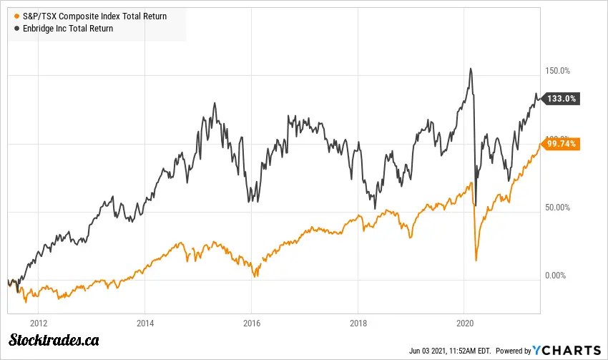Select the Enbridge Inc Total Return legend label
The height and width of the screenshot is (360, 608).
(x=68, y=29)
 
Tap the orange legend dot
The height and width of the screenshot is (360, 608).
(x=16, y=16)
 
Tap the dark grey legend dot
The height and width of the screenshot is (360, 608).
(x=16, y=29)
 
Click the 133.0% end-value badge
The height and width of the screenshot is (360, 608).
(x=562, y=99)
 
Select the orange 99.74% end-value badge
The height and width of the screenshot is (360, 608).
(x=562, y=144)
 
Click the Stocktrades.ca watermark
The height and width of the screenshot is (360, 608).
(x=54, y=341)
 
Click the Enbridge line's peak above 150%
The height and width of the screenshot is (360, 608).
(x=470, y=69)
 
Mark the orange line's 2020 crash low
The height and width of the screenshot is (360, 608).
(x=476, y=259)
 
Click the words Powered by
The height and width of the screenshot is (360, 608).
(x=514, y=351)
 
